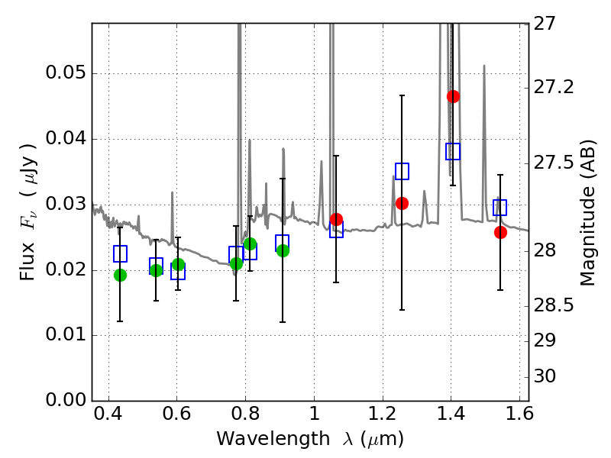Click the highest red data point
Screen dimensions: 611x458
pyautogui.click(x=453, y=96)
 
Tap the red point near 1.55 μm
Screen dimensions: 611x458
pyautogui.click(x=500, y=233)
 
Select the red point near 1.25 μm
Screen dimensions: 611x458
pyautogui.click(x=402, y=203)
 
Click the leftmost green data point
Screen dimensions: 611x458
pyautogui.click(x=120, y=275)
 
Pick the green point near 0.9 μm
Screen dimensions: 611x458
pyautogui.click(x=283, y=250)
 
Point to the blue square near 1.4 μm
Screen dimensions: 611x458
pyautogui.click(x=453, y=151)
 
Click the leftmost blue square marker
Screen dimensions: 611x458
pyautogui.click(x=120, y=253)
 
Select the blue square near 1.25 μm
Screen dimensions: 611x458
pyautogui.click(x=402, y=171)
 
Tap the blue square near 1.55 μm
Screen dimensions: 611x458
pyautogui.click(x=499, y=207)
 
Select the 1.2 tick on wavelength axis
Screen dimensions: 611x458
pyautogui.click(x=383, y=414)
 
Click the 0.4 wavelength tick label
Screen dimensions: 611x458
pyautogui.click(x=108, y=414)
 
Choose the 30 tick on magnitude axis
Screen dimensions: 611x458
pyautogui.click(x=544, y=376)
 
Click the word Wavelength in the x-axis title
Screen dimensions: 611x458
pyautogui.click(x=273, y=439)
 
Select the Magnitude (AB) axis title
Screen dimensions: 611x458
pyautogui.click(x=587, y=212)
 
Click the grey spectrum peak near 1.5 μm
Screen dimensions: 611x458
pyautogui.click(x=484, y=66)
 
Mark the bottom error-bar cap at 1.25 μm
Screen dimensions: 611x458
pyautogui.click(x=402, y=310)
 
